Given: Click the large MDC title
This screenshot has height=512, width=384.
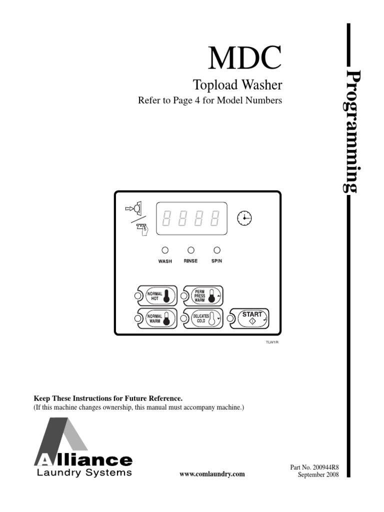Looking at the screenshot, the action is coord(244,59).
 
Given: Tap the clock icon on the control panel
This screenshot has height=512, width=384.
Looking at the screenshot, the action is coord(244,217).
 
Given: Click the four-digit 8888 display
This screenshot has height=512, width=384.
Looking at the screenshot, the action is coord(192,218).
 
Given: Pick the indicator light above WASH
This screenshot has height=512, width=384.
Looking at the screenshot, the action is coord(164,250).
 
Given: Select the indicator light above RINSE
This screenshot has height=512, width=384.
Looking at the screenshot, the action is coord(190,250).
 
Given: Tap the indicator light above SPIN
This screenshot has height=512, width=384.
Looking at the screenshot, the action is coord(216,250).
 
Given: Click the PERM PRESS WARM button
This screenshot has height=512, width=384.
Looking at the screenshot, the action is coord(203,296).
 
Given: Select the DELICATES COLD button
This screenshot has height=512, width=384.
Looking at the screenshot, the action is coord(203,319).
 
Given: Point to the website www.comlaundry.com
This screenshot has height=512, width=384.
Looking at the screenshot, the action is coord(212,474).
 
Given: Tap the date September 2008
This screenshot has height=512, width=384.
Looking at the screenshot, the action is coord(318,474).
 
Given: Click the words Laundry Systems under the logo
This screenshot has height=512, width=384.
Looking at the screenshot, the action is coord(84,472).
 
